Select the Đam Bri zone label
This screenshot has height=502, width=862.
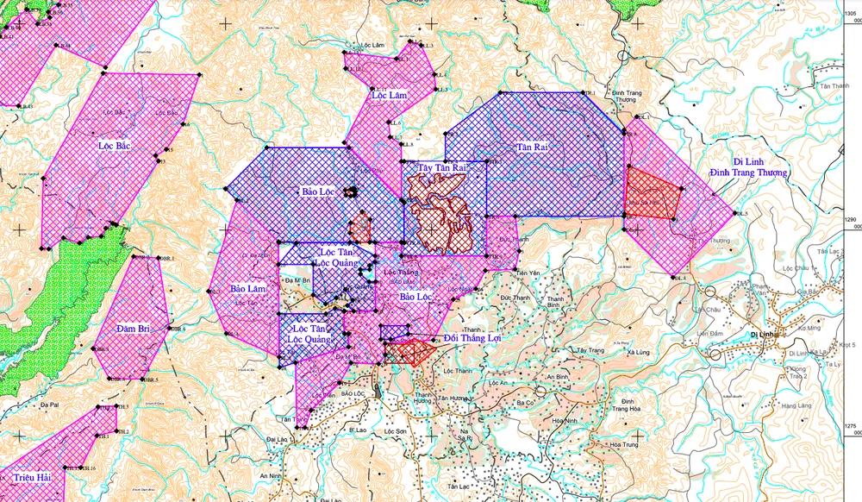pyautogui.click(x=134, y=329)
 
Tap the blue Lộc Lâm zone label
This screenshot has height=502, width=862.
pyautogui.click(x=390, y=95)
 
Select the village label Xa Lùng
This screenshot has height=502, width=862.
pyautogui.click(x=639, y=354)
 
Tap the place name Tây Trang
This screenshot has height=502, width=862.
pyautogui.click(x=591, y=351)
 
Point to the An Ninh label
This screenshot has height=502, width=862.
pyautogui.click(x=270, y=475)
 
